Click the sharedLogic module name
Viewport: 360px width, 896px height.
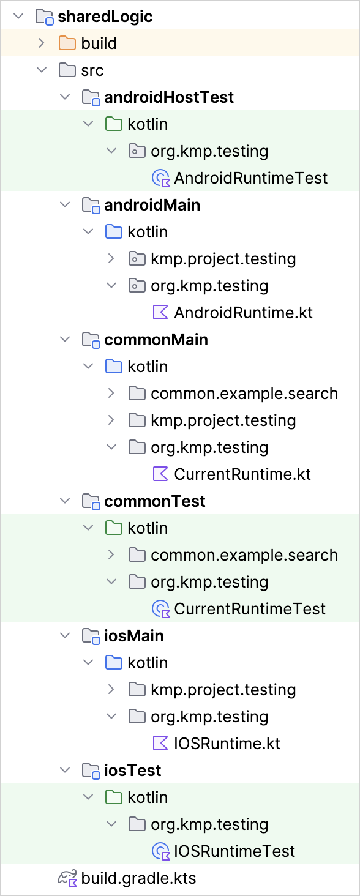click(105, 17)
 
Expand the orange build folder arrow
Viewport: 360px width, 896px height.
click(41, 43)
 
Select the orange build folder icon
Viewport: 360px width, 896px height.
click(67, 43)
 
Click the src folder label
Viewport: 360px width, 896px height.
click(92, 70)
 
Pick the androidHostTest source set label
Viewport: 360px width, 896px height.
click(169, 97)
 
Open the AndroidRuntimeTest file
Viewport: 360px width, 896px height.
click(251, 178)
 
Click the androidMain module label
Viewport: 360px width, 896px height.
click(152, 205)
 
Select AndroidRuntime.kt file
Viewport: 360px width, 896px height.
click(243, 313)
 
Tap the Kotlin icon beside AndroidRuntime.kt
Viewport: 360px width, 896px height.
click(161, 312)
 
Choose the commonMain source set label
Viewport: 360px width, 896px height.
click(156, 340)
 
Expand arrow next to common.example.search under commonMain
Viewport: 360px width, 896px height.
click(111, 394)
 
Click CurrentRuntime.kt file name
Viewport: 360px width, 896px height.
click(242, 474)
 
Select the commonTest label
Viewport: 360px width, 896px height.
click(155, 501)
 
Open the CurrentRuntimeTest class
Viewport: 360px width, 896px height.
click(250, 609)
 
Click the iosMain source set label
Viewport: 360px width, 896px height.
click(134, 636)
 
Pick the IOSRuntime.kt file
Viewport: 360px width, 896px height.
click(227, 744)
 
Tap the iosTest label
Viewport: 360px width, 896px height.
click(133, 771)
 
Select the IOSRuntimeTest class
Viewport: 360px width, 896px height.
click(234, 851)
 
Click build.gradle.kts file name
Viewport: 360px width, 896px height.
click(138, 878)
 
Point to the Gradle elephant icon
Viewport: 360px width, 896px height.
click(67, 878)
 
